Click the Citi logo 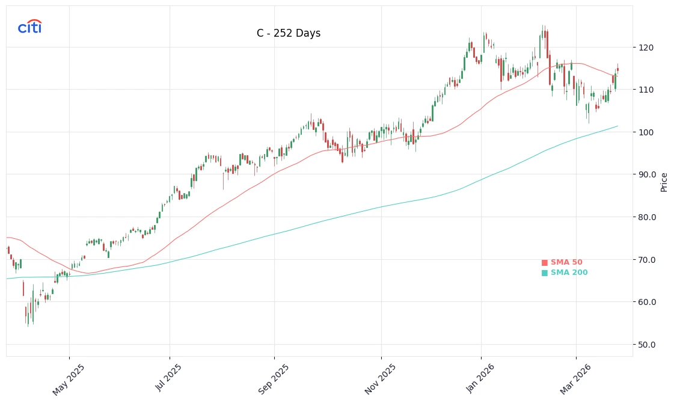[29, 26]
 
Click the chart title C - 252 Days [289, 34]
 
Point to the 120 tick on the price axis [646, 48]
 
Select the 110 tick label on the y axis [646, 90]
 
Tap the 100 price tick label [646, 132]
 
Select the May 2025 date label [68, 379]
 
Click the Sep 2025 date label [274, 379]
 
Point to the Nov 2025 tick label [380, 379]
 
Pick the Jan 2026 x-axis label [480, 379]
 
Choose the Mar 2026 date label [575, 379]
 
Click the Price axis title [664, 182]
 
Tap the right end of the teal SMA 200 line [617, 126]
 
